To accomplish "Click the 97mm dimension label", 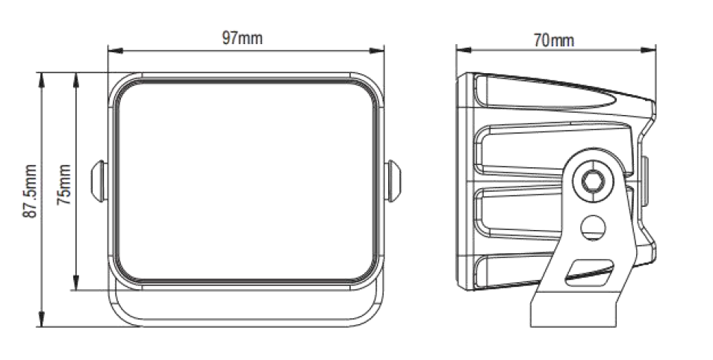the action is point(242,38).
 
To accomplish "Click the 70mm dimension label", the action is point(553,40).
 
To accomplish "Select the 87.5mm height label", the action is point(30,191).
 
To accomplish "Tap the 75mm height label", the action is point(63,184).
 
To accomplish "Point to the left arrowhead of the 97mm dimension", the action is point(116,50).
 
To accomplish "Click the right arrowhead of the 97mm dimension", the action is point(377,50).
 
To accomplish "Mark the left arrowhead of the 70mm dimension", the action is point(464,49).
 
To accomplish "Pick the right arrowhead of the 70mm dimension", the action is point(649,49).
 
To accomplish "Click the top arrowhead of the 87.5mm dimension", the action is point(42,80).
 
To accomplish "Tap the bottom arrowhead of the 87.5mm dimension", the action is point(42,320).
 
